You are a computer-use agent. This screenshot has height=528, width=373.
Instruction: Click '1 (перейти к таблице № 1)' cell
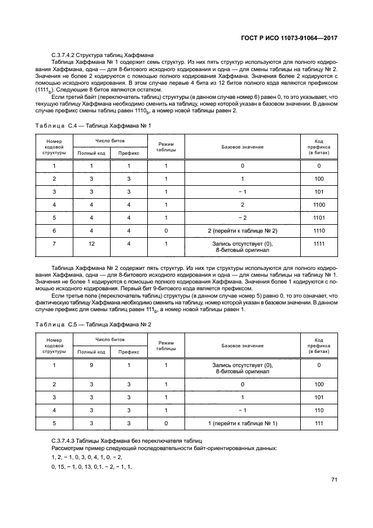click(x=242, y=423)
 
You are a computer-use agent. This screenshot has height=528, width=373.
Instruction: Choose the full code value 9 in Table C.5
click(x=91, y=365)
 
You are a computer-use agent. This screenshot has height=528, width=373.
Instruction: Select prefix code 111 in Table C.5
click(x=319, y=423)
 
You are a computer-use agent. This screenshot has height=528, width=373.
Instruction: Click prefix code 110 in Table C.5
click(x=319, y=410)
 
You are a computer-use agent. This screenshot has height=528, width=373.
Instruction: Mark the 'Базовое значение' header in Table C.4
click(x=242, y=147)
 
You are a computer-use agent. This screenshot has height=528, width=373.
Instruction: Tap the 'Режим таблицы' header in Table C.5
click(x=166, y=346)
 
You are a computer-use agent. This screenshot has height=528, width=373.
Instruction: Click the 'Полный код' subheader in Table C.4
click(x=91, y=153)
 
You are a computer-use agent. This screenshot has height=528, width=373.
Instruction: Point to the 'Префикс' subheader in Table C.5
click(x=129, y=352)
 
